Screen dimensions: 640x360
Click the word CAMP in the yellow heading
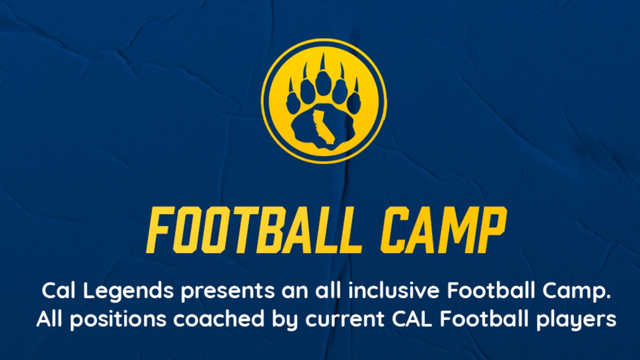(443, 230)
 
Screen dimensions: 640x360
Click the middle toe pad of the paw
(323, 83)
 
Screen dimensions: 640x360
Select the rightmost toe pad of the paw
(354, 102)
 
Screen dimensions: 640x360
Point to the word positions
(118, 320)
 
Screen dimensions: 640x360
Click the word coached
(219, 318)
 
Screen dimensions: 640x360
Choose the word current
(345, 319)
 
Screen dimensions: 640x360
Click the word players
(575, 320)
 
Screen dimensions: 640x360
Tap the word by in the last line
(285, 320)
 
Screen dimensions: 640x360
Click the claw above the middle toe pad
(323, 61)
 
